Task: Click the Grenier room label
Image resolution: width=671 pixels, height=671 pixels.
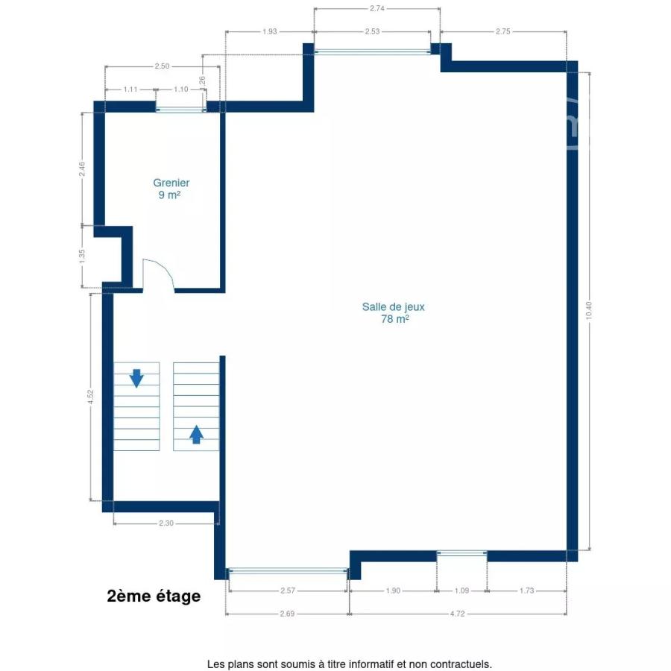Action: pyautogui.click(x=171, y=183)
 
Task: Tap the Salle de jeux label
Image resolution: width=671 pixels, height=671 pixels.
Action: pyautogui.click(x=393, y=307)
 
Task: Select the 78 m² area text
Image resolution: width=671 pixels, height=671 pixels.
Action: pyautogui.click(x=394, y=319)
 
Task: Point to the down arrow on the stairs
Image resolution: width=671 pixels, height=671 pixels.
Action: pyautogui.click(x=136, y=378)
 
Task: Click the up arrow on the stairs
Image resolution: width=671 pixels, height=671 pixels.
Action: pyautogui.click(x=196, y=435)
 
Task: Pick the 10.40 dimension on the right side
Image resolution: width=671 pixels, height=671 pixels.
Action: pyautogui.click(x=589, y=310)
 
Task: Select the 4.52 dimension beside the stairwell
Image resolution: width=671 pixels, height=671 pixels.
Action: pyautogui.click(x=90, y=397)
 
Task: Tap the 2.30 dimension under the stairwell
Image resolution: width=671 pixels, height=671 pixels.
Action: pyautogui.click(x=166, y=523)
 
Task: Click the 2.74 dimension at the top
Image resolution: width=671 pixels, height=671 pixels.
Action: pyautogui.click(x=377, y=8)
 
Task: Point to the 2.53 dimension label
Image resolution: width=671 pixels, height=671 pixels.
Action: pyautogui.click(x=372, y=31)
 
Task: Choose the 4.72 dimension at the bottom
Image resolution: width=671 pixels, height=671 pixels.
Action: pyautogui.click(x=457, y=614)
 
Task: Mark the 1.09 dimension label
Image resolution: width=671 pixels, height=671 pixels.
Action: pyautogui.click(x=461, y=590)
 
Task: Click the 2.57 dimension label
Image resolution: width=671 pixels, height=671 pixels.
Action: pyautogui.click(x=288, y=590)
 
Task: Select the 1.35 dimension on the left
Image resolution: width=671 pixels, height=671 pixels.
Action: pyautogui.click(x=82, y=256)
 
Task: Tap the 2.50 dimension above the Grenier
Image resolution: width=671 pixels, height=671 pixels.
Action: pyautogui.click(x=162, y=66)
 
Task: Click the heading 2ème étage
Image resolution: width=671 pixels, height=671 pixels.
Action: pyautogui.click(x=154, y=596)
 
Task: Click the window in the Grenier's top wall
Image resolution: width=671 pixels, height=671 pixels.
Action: pyautogui.click(x=180, y=110)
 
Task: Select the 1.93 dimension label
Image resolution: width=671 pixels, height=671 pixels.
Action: pyautogui.click(x=270, y=31)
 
